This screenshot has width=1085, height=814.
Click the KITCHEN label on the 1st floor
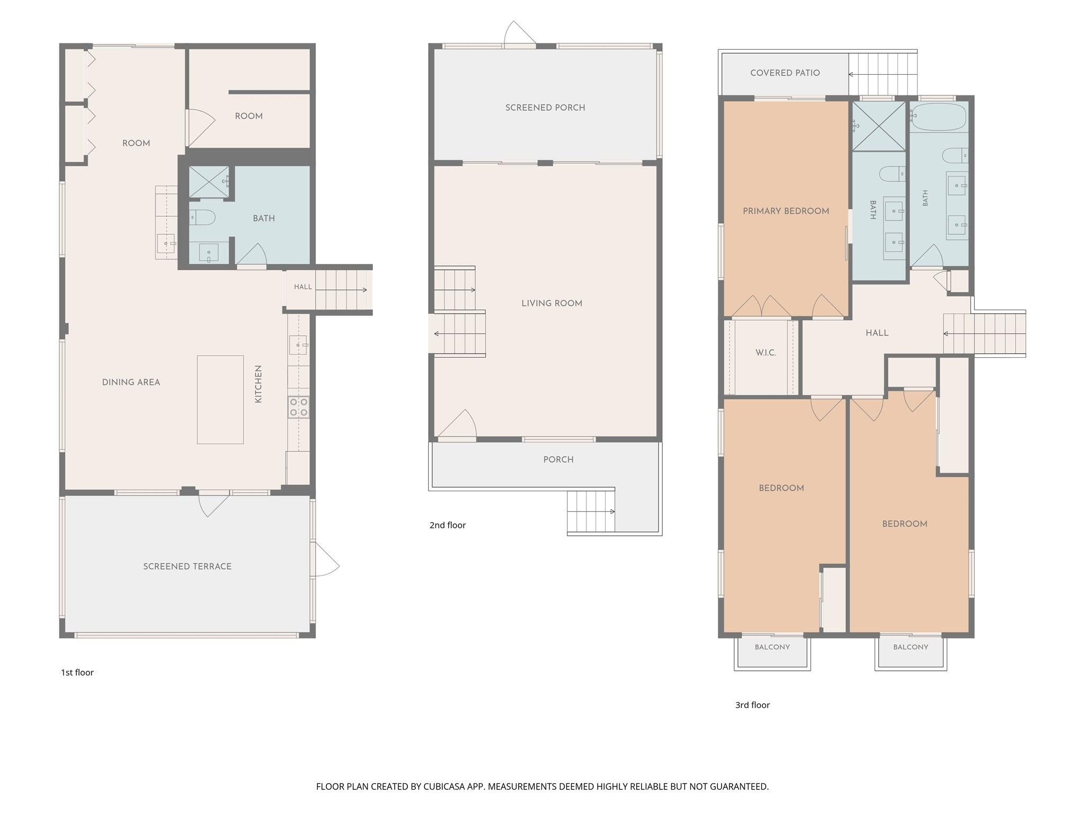259,384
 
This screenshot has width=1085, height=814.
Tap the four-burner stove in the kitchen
298,407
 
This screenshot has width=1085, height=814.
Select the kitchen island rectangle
220,400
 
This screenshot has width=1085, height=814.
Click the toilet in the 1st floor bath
202,217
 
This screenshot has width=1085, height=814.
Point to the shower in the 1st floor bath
209,182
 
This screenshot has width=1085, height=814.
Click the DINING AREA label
131,382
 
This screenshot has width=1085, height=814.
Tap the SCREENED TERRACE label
188,567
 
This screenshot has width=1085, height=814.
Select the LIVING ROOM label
552,304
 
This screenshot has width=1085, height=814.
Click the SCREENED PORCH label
545,108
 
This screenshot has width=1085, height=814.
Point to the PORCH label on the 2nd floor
558,459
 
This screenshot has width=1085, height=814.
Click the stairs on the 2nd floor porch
591,511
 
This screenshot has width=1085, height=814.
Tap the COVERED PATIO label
785,73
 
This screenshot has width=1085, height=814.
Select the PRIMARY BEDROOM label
786,211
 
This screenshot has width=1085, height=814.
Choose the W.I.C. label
766,353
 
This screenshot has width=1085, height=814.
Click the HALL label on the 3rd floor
877,333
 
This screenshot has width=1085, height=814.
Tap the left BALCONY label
772,647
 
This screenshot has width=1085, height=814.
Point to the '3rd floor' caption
752,705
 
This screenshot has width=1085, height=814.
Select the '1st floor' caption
77,673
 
